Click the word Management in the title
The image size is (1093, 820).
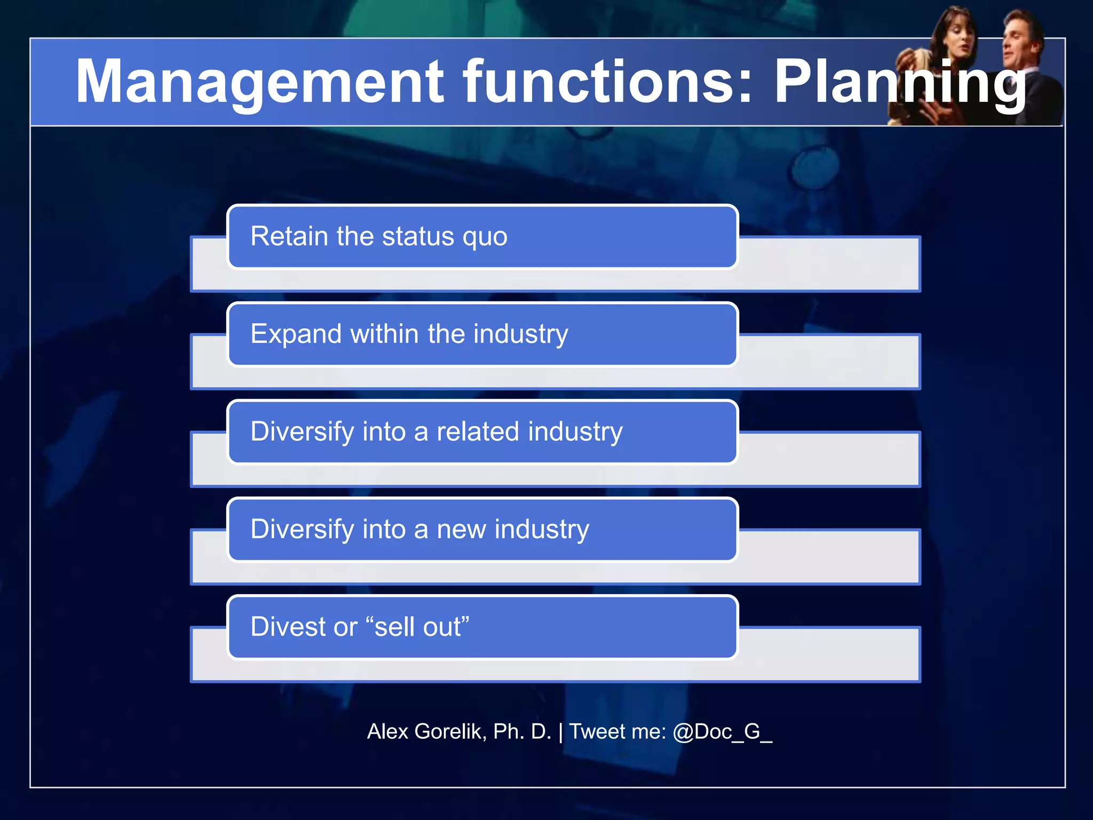click(259, 82)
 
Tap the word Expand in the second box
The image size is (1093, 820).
click(296, 335)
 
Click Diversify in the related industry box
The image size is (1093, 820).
click(302, 432)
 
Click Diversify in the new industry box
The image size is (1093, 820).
click(302, 530)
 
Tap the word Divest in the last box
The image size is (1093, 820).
click(288, 627)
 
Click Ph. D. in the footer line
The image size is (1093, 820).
click(522, 731)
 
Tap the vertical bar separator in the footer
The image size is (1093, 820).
click(560, 732)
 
